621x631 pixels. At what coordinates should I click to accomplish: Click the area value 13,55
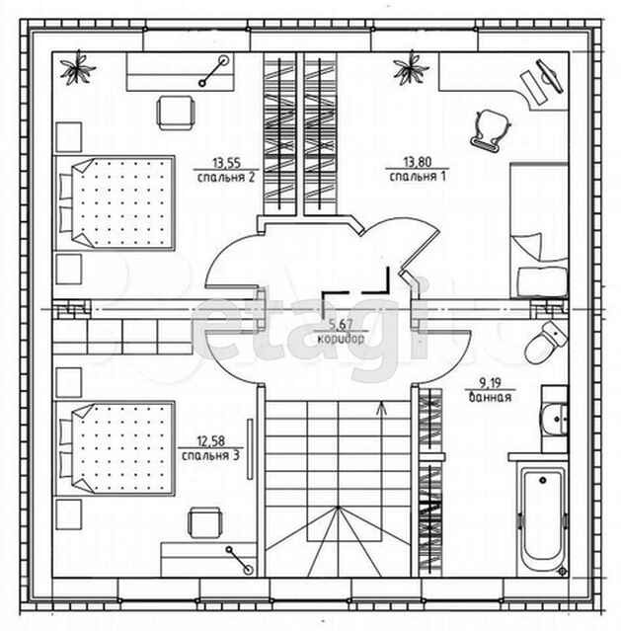[x=226, y=163]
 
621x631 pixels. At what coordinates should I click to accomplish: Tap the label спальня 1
[x=418, y=176]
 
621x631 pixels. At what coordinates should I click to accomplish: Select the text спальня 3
[x=210, y=455]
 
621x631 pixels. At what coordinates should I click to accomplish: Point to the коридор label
[x=341, y=339]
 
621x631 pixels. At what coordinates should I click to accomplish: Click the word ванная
[x=491, y=397]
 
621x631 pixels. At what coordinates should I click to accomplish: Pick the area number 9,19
[x=491, y=383]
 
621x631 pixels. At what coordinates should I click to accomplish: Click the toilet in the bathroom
[x=546, y=343]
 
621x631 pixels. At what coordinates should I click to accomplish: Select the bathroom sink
[x=555, y=420]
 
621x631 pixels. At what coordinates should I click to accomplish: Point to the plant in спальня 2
[x=78, y=68]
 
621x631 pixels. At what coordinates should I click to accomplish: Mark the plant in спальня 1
[x=412, y=67]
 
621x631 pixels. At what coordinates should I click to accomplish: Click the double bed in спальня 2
[x=115, y=203]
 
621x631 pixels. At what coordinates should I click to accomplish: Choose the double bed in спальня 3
[x=115, y=448]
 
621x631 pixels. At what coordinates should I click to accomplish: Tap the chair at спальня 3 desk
[x=205, y=522]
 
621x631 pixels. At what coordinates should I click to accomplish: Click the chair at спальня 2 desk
[x=176, y=113]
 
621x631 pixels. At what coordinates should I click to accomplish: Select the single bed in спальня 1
[x=539, y=230]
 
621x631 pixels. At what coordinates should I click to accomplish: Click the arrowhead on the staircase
[x=381, y=408]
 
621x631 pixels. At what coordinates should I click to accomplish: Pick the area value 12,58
[x=210, y=441]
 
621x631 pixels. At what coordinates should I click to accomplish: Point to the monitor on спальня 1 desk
[x=550, y=76]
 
